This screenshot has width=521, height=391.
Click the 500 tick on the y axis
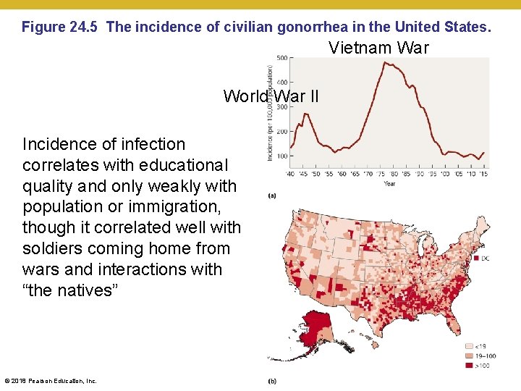pyautogui.click(x=281, y=58)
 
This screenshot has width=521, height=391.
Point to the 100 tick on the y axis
pyautogui.click(x=281, y=156)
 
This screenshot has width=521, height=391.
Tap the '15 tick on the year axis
pyautogui.click(x=483, y=174)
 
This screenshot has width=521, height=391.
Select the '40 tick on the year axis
pyautogui.click(x=292, y=174)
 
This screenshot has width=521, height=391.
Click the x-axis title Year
pyautogui.click(x=389, y=183)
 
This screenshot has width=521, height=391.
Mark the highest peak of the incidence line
pyautogui.click(x=385, y=62)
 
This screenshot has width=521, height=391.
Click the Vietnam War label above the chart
pyautogui.click(x=378, y=49)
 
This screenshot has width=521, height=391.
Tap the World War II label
pyautogui.click(x=271, y=96)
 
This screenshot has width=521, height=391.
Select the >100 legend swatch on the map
pyautogui.click(x=468, y=366)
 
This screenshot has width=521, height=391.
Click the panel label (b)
pyautogui.click(x=271, y=381)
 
